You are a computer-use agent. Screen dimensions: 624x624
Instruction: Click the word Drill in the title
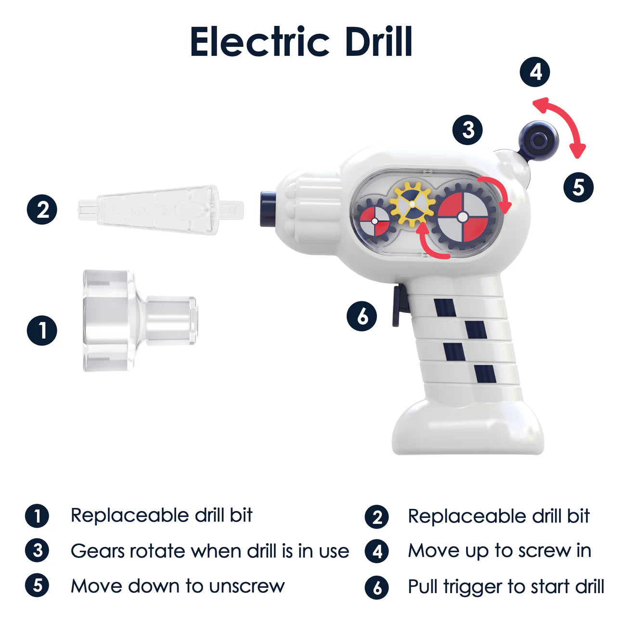[378, 42]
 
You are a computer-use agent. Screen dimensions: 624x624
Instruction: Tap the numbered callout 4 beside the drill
[535, 72]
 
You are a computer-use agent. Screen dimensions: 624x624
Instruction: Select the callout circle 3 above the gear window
[468, 130]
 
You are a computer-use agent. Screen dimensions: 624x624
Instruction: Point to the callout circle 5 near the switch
[578, 187]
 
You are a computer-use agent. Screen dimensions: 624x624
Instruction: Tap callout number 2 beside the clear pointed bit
[42, 210]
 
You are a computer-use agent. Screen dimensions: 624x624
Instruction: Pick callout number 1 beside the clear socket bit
[42, 331]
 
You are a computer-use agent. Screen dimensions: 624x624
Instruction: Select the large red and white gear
[463, 217]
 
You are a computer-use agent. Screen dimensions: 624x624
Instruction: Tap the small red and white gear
[375, 221]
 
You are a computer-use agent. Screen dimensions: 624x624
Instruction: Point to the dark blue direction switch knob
[538, 140]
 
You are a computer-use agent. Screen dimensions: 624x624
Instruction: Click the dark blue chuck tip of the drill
[268, 208]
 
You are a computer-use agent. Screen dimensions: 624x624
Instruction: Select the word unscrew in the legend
[247, 586]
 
